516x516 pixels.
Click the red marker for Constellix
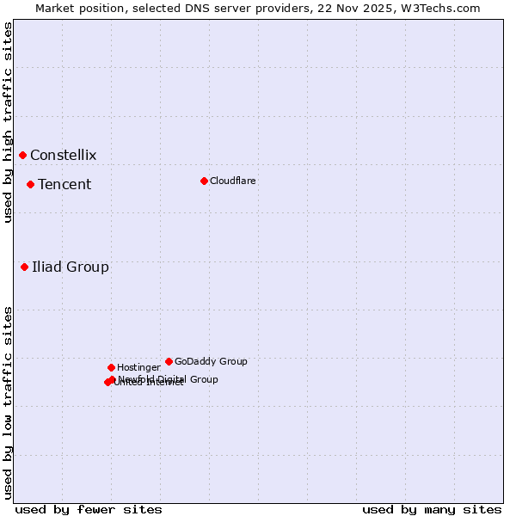(23, 155)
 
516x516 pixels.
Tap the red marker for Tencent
(30, 184)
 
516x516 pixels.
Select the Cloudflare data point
(204, 181)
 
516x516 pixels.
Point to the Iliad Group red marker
(25, 267)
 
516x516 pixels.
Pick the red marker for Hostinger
(111, 367)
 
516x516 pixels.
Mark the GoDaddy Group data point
(169, 361)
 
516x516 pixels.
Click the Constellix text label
(63, 156)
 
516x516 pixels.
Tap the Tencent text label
(64, 185)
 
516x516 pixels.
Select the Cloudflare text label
(232, 181)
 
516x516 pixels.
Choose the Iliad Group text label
(71, 267)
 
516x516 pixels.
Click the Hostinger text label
(138, 368)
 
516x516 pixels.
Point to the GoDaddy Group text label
(211, 362)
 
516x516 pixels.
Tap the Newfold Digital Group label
(168, 379)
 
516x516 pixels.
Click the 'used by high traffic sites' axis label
(9, 122)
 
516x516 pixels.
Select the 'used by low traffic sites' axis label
(9, 402)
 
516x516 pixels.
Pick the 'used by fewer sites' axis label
(89, 510)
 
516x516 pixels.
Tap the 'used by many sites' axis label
(432, 510)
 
